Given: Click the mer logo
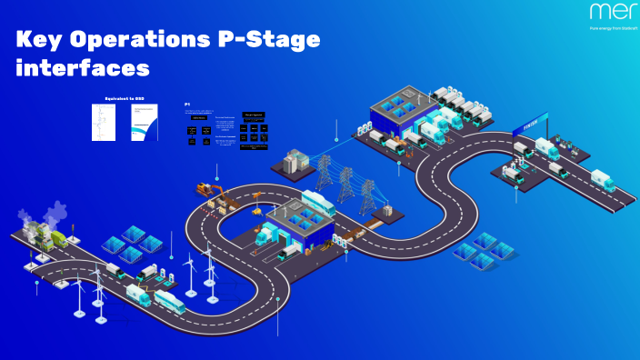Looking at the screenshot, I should point(607,12).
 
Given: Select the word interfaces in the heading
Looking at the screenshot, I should point(83,68).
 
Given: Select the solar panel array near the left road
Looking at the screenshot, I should point(130,243).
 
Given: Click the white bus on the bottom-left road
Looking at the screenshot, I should point(169,301).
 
